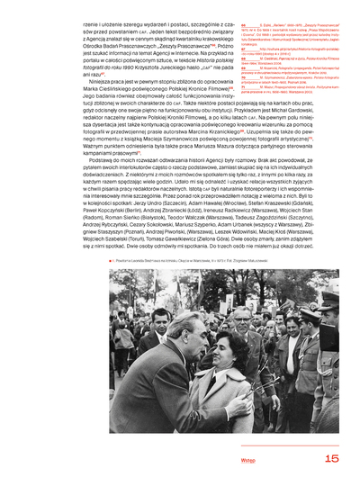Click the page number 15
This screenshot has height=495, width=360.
(330, 458)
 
